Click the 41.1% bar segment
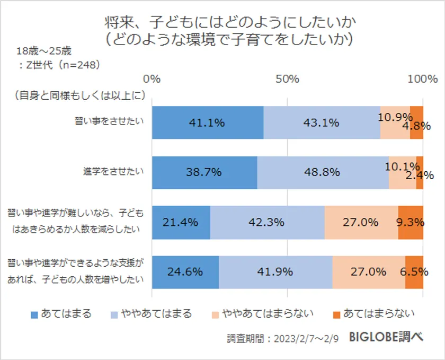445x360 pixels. (x=208, y=122)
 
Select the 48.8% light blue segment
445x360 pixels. (x=323, y=172)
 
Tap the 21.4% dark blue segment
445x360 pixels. (x=181, y=222)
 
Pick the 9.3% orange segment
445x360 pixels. (x=411, y=222)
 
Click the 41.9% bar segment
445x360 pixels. (x=275, y=272)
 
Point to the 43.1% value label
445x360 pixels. (x=321, y=122)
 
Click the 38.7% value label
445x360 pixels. (x=204, y=172)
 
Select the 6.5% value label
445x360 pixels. (x=414, y=272)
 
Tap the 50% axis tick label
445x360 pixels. (x=288, y=79)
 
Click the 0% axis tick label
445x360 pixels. (x=152, y=79)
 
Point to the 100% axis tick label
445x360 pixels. (x=423, y=79)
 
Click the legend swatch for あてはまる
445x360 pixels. (x=35, y=314)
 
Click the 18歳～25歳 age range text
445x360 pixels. (x=44, y=51)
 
